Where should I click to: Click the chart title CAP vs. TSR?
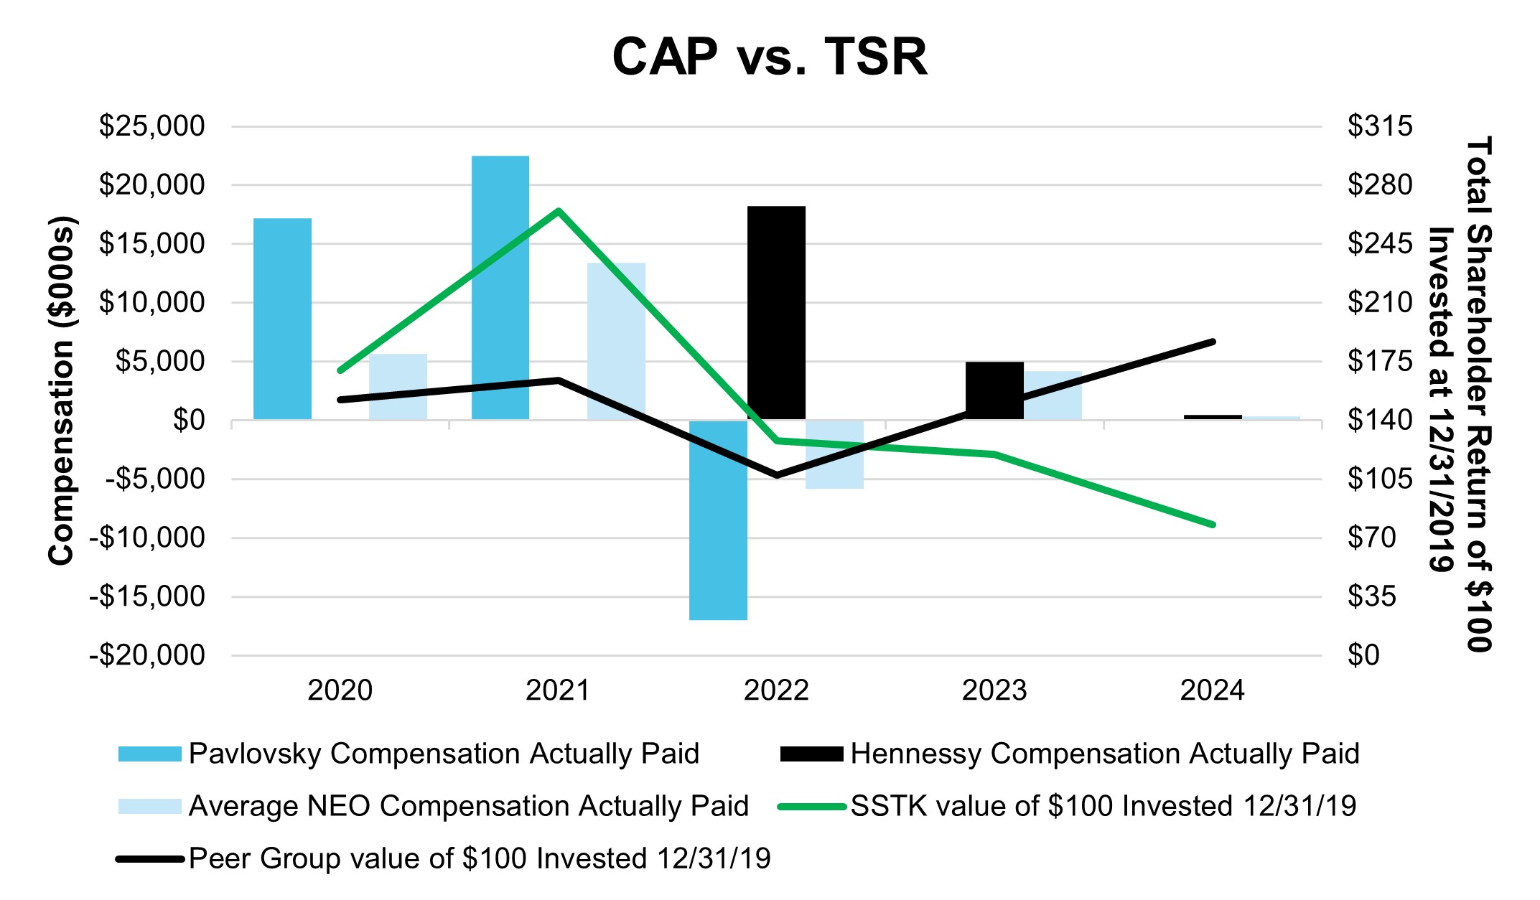click(769, 57)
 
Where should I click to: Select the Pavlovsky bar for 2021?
click(500, 287)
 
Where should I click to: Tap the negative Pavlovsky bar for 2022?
click(718, 520)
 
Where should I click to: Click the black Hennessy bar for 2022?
click(776, 312)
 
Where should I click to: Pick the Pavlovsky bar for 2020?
click(282, 319)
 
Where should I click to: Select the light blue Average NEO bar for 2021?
click(616, 341)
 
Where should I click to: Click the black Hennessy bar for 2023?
click(994, 390)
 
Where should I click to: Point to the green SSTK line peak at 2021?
click(559, 211)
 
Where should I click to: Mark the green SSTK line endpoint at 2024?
click(1213, 525)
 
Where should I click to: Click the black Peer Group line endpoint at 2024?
click(1213, 342)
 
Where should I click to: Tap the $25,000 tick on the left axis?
click(151, 126)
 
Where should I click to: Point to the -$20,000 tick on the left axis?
click(146, 655)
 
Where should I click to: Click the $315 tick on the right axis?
click(1379, 126)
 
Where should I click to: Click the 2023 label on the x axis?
click(994, 690)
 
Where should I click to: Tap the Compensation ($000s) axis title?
click(62, 390)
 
